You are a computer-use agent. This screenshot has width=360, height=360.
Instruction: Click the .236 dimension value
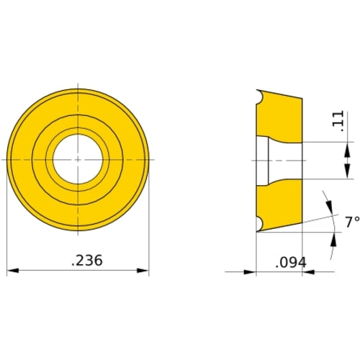pyautogui.click(x=87, y=261)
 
